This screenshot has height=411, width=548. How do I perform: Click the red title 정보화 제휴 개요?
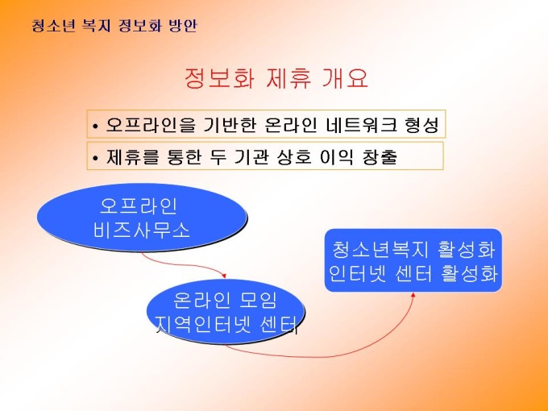pos(276,78)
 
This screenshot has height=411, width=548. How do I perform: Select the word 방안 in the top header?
pos(183,26)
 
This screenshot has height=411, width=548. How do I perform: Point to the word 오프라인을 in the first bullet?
pos(151,124)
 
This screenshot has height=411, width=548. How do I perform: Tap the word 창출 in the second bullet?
pos(380,156)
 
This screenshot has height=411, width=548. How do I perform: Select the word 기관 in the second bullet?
pos(251,156)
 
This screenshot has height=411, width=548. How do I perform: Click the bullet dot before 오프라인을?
pos(96,126)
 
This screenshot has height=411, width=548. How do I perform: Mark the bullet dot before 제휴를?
pos(96,158)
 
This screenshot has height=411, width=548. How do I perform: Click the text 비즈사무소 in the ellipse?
pos(142,230)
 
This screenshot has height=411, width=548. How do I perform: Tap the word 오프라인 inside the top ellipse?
pos(139,205)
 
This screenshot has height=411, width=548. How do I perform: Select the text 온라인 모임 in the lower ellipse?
pos(226,300)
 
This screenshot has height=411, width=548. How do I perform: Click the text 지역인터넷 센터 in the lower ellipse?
pos(226,325)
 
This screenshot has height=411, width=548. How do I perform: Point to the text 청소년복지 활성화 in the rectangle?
pos(413,250)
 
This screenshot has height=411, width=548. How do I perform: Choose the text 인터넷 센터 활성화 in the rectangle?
pos(413,274)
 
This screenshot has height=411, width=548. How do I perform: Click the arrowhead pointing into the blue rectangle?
pos(413,295)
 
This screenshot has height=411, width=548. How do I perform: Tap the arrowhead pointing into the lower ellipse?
pos(224,276)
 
